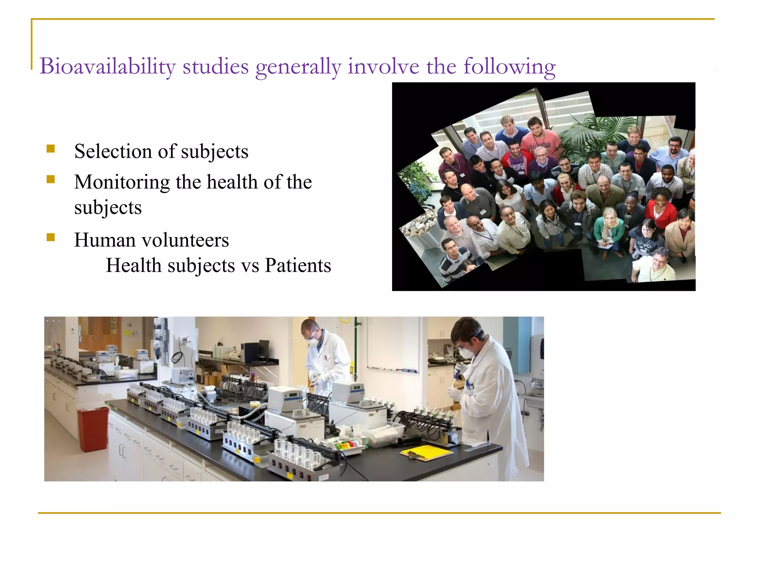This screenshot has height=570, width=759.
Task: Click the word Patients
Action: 298,266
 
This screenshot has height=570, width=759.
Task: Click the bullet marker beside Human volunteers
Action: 51,237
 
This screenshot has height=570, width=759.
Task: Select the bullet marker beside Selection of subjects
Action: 51,149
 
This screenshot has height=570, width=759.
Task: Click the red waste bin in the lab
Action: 93,429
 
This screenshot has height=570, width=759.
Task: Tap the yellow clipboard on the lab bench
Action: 426,453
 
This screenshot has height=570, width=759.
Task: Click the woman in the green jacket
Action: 609,226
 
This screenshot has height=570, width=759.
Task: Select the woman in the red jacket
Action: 660,210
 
